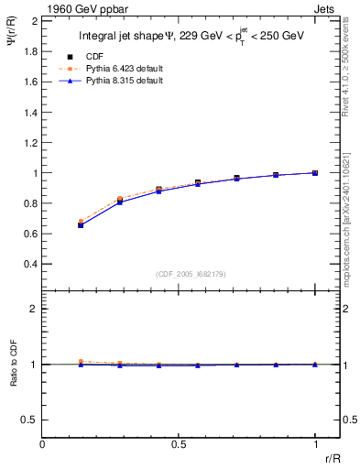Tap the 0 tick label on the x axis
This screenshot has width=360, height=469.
coord(43,445)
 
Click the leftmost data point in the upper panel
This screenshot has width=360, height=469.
coord(82,224)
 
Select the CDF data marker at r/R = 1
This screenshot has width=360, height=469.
coord(315,172)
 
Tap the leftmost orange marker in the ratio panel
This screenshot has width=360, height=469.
coord(82,362)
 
